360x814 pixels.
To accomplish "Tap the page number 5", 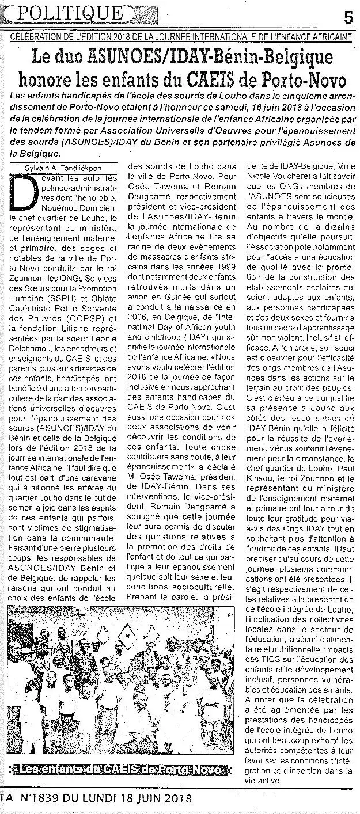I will coord(348,17).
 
